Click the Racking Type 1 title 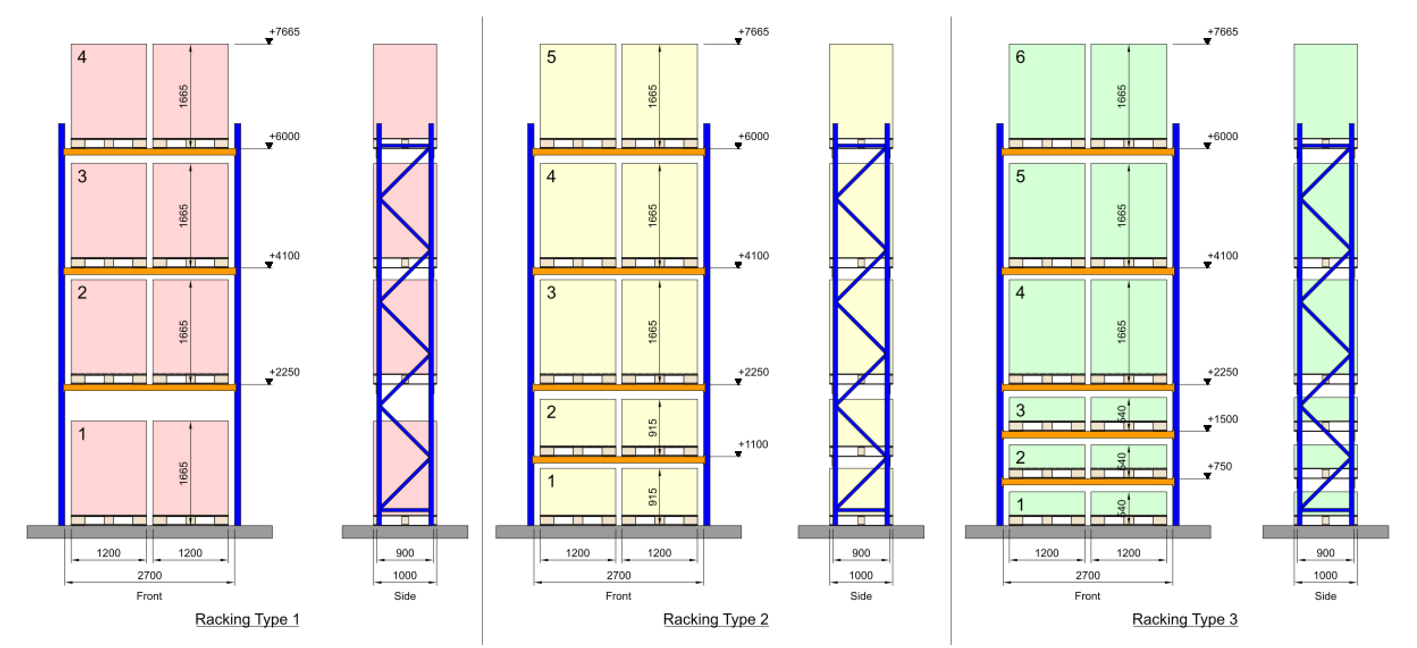coord(247,619)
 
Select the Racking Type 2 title coord(716,619)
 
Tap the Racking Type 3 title coord(1185,619)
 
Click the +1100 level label coord(753,444)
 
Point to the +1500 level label coord(1222,419)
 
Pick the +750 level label coord(1220,466)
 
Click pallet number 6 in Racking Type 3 coord(1020,57)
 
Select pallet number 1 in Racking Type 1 coord(82,435)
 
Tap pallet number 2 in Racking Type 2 coord(551,412)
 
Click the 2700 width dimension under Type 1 coord(149,575)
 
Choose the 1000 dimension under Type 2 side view coord(861,575)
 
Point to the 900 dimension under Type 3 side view coord(1326,553)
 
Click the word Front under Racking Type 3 coord(1087,596)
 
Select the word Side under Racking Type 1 coord(405,596)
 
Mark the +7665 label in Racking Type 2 coord(753,32)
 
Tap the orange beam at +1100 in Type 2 coord(619,460)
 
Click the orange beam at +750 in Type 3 coord(1087,482)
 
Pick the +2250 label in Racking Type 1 coord(284,372)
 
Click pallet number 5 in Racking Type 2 coord(551,57)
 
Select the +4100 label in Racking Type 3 coord(1222,256)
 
